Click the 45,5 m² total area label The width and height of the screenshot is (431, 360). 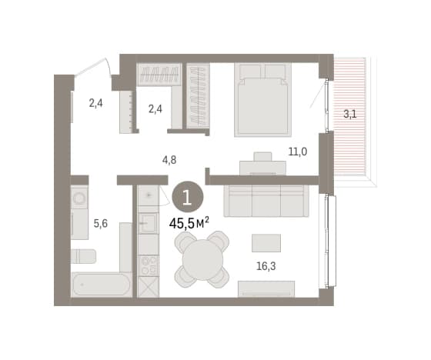click(x=189, y=223)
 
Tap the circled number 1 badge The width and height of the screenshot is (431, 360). click(x=188, y=197)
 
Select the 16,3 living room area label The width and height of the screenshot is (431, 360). click(x=266, y=266)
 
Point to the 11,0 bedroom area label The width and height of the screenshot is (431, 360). click(x=298, y=152)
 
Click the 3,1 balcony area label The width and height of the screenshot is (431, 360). click(x=350, y=114)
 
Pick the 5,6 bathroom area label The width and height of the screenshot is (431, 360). click(x=101, y=224)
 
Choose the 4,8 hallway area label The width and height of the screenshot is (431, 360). click(x=169, y=160)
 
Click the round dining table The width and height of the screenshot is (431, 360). click(x=203, y=260)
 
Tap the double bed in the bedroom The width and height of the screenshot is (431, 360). click(x=262, y=99)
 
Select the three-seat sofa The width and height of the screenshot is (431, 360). click(x=266, y=201)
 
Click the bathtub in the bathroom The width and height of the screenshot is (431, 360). click(x=101, y=285)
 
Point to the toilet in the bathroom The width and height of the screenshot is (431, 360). click(x=84, y=256)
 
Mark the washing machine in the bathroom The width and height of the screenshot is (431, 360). click(x=79, y=198)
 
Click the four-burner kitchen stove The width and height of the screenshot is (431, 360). click(x=149, y=265)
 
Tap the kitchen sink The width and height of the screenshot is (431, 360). click(x=148, y=223)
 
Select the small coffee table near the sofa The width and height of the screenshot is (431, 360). click(x=266, y=243)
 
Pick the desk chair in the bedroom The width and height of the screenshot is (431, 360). click(x=262, y=156)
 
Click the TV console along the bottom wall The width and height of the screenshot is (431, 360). click(x=266, y=288)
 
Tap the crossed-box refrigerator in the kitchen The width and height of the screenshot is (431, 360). click(x=149, y=287)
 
